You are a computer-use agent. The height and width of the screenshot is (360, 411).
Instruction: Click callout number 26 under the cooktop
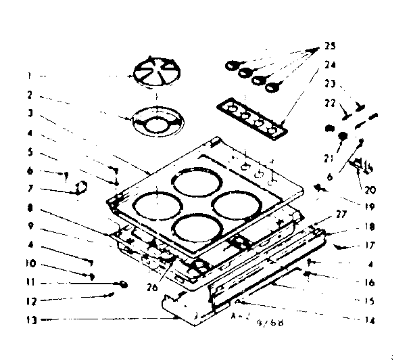point(153,286)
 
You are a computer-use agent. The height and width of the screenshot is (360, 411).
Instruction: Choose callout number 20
point(352,190)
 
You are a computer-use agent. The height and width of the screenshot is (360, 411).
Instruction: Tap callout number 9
point(31,227)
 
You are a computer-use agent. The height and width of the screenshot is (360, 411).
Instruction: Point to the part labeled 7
point(80,187)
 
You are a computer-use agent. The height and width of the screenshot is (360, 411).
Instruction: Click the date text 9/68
point(270,323)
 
